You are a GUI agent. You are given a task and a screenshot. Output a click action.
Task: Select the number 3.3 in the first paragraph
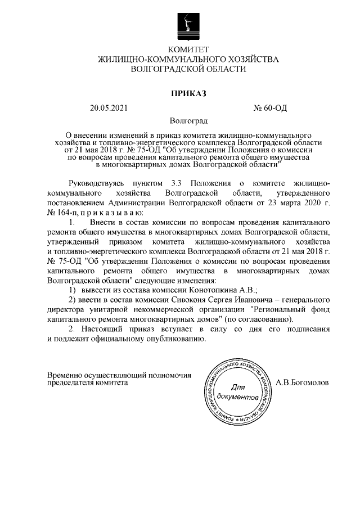(175, 184)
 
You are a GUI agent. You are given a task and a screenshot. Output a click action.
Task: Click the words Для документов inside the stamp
(238, 393)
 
